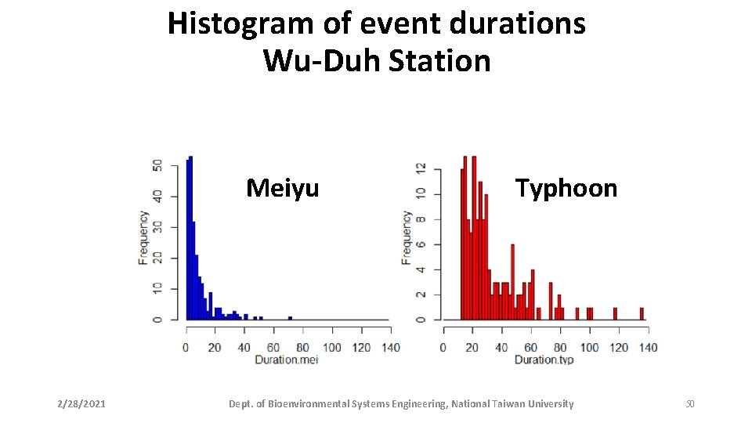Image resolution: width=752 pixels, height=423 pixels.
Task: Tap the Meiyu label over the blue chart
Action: point(282,188)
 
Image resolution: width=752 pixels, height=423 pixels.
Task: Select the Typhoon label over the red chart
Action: point(566,188)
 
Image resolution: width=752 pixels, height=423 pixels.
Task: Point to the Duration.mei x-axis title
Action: point(286,360)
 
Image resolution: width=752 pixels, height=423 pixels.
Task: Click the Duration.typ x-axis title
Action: point(545,360)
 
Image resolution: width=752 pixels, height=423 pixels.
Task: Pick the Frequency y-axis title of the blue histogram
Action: point(144,237)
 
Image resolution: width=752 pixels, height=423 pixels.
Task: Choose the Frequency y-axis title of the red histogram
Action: point(407,237)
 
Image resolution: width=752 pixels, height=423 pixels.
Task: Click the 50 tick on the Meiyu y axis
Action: point(158,165)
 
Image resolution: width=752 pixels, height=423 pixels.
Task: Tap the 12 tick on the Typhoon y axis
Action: point(421,168)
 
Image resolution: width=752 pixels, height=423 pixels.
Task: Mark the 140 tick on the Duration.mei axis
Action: point(389,347)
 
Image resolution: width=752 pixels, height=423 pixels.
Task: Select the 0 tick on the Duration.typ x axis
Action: point(443,347)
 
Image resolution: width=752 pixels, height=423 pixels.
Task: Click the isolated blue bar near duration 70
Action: point(290,318)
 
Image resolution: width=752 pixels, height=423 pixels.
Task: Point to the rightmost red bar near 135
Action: point(642,313)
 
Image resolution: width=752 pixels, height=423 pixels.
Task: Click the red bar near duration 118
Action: point(615,313)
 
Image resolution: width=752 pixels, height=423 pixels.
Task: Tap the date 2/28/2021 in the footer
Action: point(81,404)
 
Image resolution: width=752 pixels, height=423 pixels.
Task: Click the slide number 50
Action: point(689,404)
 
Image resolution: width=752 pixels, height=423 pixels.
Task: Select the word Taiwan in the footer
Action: point(510,404)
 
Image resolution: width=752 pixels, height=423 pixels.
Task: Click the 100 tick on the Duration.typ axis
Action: point(590,347)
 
